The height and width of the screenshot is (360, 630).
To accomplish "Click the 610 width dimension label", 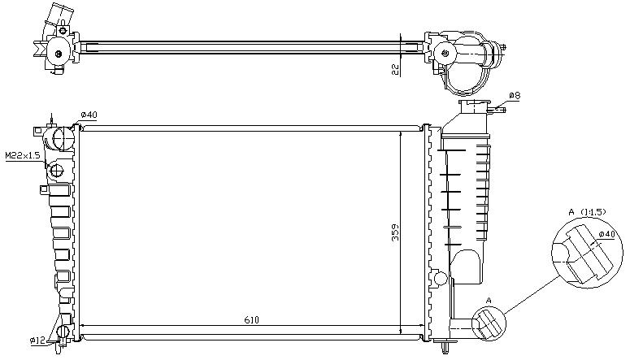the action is (x=251, y=320).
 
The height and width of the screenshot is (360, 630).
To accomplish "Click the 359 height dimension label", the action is (x=396, y=232).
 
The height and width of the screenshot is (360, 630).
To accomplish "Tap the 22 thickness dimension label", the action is (x=396, y=69).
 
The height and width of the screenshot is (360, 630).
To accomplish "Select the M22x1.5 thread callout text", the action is (x=23, y=155).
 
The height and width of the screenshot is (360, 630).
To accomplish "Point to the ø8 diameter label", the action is (x=515, y=96).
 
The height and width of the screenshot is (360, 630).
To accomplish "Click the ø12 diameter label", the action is (x=37, y=340).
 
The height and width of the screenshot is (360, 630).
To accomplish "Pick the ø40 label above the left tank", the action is (x=89, y=115).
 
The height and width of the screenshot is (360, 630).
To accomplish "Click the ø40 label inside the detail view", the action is (x=606, y=234).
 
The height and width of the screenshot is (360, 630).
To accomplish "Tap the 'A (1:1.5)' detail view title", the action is (x=587, y=212).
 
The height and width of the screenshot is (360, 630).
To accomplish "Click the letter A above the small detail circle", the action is (x=489, y=300).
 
